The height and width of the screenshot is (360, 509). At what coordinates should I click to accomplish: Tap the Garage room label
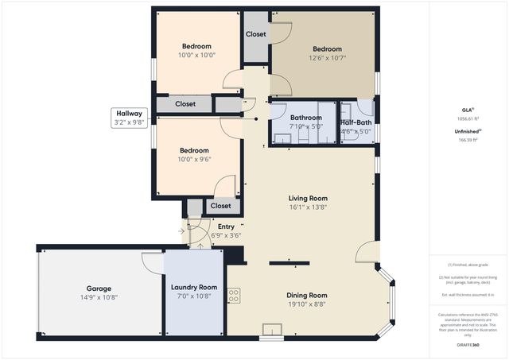[99, 288]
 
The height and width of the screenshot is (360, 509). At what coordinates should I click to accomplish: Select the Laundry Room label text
[194, 287]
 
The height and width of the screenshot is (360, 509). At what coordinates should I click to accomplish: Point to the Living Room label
[308, 199]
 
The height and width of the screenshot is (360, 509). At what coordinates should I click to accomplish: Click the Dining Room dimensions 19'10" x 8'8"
[307, 304]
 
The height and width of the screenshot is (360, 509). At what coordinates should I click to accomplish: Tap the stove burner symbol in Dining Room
[235, 296]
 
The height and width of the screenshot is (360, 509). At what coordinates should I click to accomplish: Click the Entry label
[226, 226]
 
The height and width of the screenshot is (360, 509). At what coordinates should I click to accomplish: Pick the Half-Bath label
[356, 122]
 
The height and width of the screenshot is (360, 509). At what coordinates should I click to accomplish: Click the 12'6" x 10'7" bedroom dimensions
[326, 57]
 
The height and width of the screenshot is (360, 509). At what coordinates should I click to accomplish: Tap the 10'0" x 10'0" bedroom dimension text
[196, 56]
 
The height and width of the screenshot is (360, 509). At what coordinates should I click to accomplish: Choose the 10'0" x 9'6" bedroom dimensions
[194, 159]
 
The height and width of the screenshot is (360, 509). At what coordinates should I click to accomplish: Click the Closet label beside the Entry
[220, 206]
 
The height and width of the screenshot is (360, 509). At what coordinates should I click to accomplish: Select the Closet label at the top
[255, 34]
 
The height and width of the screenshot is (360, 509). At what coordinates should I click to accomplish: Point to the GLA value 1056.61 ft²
[469, 118]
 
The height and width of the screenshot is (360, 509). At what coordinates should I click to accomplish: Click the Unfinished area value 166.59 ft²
[469, 140]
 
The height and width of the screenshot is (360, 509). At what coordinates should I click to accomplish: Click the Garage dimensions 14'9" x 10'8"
[99, 297]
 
